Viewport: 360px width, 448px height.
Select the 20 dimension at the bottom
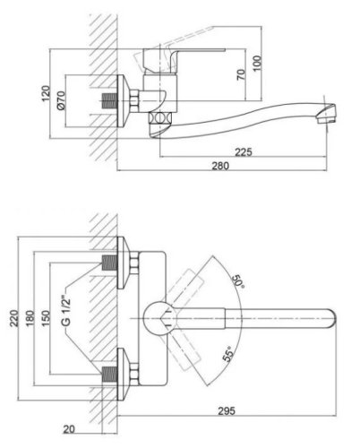tap(69, 429)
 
